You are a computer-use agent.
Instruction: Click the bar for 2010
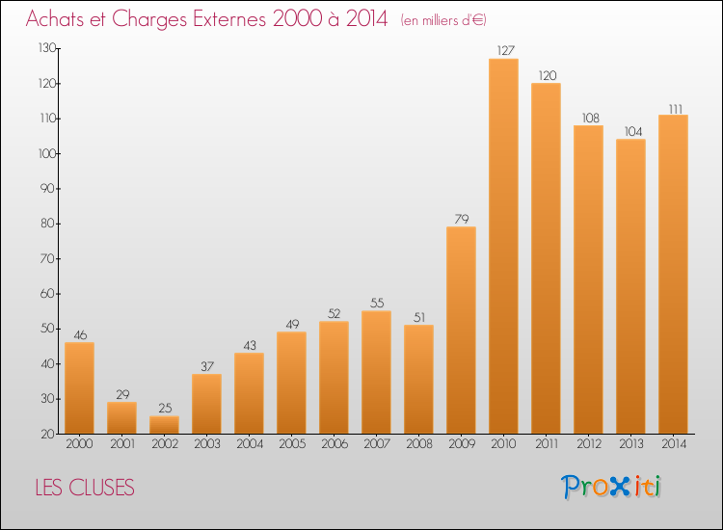coord(503,246)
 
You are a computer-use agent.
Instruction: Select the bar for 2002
coord(164,425)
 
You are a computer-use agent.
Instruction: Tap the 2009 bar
coord(461,330)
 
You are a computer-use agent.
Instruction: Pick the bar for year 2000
coord(79,388)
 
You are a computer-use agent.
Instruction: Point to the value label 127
coord(505,50)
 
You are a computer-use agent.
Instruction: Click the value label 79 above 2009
coord(462,219)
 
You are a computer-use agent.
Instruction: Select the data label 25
coord(165,408)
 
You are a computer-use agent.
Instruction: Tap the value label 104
coord(633,131)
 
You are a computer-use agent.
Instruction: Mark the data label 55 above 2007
coord(377,303)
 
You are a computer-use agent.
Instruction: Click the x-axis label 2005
coord(292,443)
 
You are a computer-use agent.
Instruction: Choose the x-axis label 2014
coord(674,443)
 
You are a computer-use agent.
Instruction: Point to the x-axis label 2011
coord(547,443)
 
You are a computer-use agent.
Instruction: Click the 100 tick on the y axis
coord(47,153)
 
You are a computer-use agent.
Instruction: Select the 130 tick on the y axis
coord(47,48)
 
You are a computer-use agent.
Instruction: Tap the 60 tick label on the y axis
coord(48,294)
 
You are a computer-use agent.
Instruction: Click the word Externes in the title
coord(228,19)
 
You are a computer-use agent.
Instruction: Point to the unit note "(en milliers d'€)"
coord(443,20)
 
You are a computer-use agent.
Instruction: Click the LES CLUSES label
coord(85,488)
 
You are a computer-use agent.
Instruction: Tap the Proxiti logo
coord(610,487)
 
